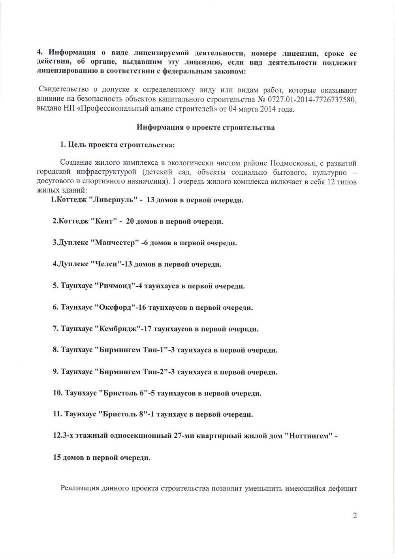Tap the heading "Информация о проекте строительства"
205,128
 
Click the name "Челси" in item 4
105,264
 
